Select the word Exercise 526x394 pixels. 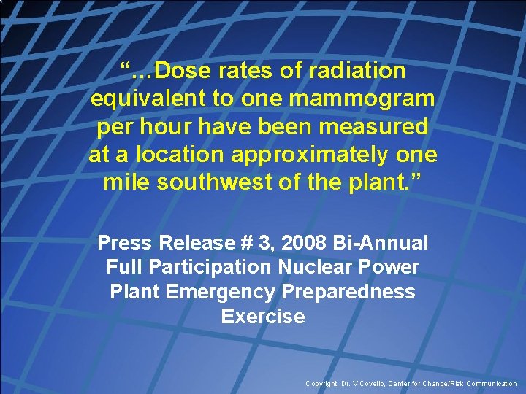tap(262, 317)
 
